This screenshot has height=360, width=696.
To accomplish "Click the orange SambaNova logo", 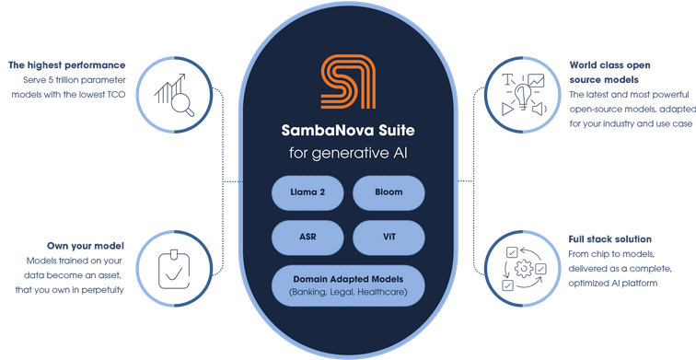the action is click(x=348, y=82).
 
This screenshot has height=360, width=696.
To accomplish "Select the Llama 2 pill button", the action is click(x=307, y=192).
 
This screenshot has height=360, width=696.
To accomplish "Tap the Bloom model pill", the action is click(x=389, y=192).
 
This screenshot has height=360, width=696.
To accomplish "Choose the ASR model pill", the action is click(x=307, y=238).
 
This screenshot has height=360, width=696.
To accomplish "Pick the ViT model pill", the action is click(x=389, y=238).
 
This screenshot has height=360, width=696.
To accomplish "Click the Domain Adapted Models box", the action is click(x=348, y=285).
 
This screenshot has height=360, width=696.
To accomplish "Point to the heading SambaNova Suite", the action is click(x=348, y=131).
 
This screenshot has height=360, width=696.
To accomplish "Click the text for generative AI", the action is click(x=348, y=154).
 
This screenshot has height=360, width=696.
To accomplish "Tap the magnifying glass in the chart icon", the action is click(x=182, y=105).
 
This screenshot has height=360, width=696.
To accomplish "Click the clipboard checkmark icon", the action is click(x=174, y=270).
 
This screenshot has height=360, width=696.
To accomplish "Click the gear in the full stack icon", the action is click(x=524, y=269).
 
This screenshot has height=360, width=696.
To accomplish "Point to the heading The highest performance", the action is click(x=67, y=65).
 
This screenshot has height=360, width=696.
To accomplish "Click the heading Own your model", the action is click(x=86, y=246).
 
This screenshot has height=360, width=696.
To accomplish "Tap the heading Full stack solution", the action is click(x=609, y=239).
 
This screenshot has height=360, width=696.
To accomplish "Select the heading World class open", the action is click(x=609, y=65).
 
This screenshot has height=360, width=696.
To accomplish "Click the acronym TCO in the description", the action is click(x=116, y=95).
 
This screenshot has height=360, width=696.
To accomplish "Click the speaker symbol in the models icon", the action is click(x=539, y=109).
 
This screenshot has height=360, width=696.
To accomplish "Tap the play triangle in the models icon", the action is click(x=507, y=109).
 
